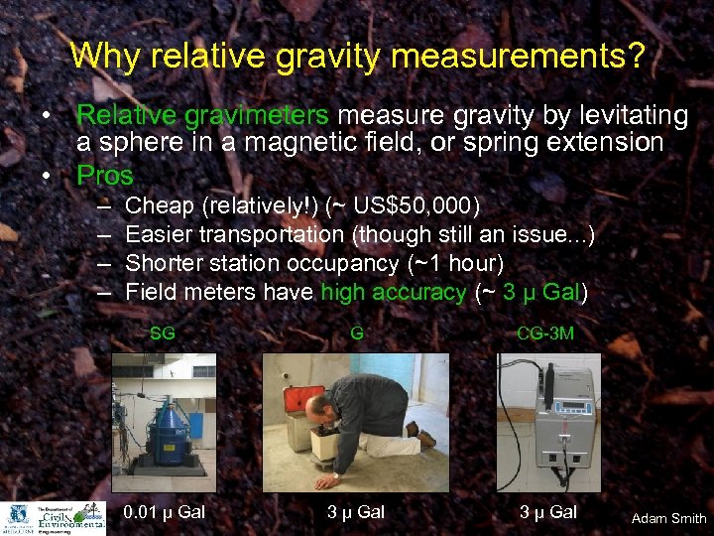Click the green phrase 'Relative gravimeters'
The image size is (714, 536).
tap(175, 116)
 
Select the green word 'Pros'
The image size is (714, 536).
tap(104, 175)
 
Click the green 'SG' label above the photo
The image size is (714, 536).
tap(163, 335)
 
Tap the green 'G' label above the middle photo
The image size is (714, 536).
tap(356, 335)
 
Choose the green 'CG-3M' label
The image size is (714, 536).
tap(545, 335)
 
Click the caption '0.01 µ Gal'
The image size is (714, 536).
tap(163, 512)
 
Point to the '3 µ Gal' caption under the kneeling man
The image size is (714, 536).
tap(356, 512)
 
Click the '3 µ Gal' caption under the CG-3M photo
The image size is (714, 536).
tap(547, 512)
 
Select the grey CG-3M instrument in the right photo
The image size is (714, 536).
tap(565, 427)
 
